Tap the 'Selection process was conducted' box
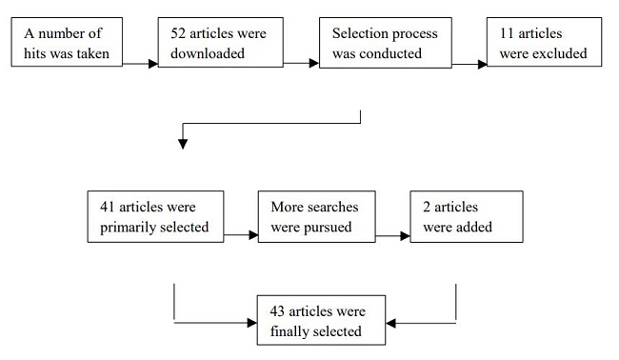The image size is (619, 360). coord(385,44)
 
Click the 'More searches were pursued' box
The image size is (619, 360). coord(316,216)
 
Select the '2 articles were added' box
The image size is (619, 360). coord(466,216)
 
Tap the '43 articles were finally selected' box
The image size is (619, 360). coord(323,322)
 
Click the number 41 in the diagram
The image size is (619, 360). coord(107,207)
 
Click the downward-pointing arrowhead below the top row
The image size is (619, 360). coord(183,144)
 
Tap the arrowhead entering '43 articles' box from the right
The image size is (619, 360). coord(396,324)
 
